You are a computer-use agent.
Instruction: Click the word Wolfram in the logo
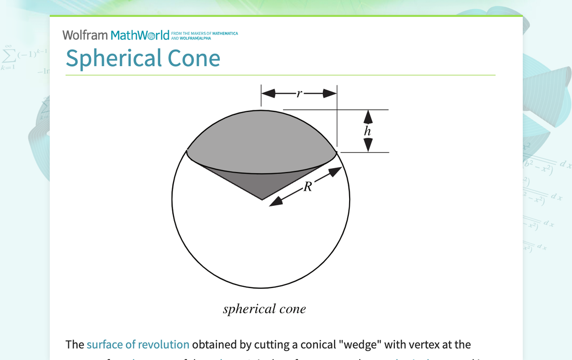pos(85,35)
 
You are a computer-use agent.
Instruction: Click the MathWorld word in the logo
pos(140,35)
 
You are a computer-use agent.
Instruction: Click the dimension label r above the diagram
pos(299,93)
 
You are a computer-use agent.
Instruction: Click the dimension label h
pos(368,131)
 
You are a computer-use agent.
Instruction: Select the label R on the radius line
pos(308,187)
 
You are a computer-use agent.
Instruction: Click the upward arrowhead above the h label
pos(368,116)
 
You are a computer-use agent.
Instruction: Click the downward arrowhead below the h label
pos(368,145)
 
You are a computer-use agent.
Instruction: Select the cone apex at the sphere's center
pos(262,199)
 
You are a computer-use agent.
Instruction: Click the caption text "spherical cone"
pos(264,309)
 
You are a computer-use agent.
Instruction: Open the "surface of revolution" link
pos(138,344)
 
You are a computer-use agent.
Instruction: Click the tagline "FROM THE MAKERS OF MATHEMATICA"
pos(204,33)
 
